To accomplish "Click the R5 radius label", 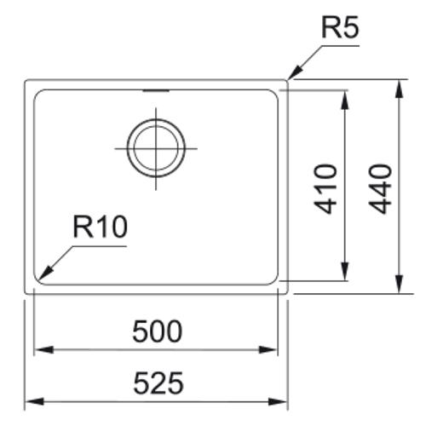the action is coord(340,28).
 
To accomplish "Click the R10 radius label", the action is coord(101,227).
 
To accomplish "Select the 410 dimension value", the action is coord(325,189).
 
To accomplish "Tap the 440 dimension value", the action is coord(380,189).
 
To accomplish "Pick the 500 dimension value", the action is coord(157,331).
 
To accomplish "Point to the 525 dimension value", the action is coord(158,383).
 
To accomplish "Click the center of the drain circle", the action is coord(156,148).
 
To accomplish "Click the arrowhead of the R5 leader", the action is coord(294,73).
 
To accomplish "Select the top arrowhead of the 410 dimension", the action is coord(344,100).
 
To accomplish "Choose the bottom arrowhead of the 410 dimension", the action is coord(344,271).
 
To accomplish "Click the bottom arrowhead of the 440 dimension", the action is coord(400,284).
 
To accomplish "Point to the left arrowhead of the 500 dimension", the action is coord(43,349).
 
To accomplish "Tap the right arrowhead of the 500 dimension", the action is coord(268,349).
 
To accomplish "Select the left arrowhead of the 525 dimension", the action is coord(34,401).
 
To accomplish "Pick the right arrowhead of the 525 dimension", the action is coord(279,401).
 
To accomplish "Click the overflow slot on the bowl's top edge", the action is coord(156,90).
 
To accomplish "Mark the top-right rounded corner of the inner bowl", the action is coord(274,94).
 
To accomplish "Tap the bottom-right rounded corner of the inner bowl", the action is coord(274,280).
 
